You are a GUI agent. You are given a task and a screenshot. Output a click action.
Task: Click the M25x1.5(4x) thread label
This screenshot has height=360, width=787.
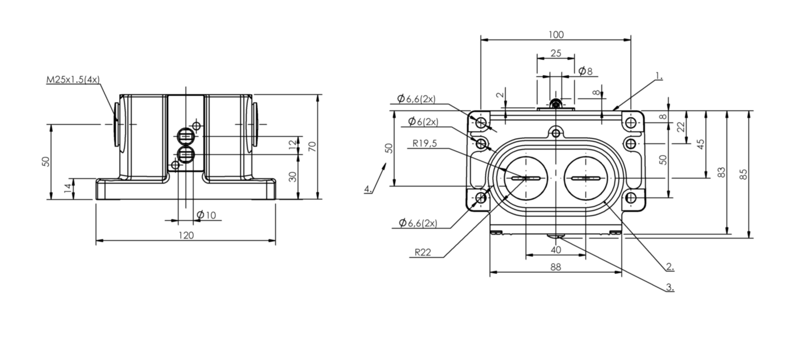click(x=73, y=80)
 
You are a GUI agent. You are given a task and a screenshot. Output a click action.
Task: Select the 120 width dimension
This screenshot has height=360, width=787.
click(x=186, y=235)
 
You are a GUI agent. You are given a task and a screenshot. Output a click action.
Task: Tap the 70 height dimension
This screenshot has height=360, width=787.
click(x=312, y=146)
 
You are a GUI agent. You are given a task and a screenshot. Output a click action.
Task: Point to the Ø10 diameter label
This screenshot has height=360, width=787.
click(x=206, y=215)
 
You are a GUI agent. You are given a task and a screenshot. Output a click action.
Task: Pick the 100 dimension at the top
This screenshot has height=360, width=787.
click(x=556, y=35)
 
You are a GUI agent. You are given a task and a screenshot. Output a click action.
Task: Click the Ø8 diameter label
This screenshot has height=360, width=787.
click(x=585, y=71)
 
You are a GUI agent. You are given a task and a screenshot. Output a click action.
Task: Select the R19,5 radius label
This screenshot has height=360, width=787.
click(x=424, y=143)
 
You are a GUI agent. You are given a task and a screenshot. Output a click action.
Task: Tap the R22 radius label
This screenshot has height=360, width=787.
click(x=423, y=252)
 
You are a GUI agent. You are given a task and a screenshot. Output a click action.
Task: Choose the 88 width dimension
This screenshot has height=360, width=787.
click(x=555, y=267)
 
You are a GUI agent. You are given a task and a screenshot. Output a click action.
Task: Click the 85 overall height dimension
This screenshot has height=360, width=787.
click(x=744, y=175)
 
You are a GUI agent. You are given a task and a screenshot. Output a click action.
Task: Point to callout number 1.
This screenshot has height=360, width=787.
click(x=659, y=76)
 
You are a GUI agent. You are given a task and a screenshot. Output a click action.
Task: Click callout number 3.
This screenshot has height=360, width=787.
click(x=670, y=287)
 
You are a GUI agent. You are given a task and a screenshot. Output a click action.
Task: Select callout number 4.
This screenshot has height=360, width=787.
click(x=368, y=189)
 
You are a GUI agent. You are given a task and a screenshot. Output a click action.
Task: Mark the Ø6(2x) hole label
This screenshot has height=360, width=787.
click(x=423, y=122)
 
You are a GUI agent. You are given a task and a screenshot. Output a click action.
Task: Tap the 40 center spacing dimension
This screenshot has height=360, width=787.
click(x=556, y=250)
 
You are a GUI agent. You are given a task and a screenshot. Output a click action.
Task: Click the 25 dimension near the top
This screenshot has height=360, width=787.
click(x=556, y=54)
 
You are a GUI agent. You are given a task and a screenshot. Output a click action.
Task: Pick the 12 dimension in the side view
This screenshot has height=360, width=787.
click(x=293, y=145)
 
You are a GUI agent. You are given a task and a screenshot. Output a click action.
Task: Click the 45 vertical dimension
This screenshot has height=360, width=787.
click(x=700, y=144)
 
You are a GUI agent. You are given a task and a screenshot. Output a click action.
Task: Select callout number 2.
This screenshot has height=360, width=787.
click(x=670, y=266)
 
